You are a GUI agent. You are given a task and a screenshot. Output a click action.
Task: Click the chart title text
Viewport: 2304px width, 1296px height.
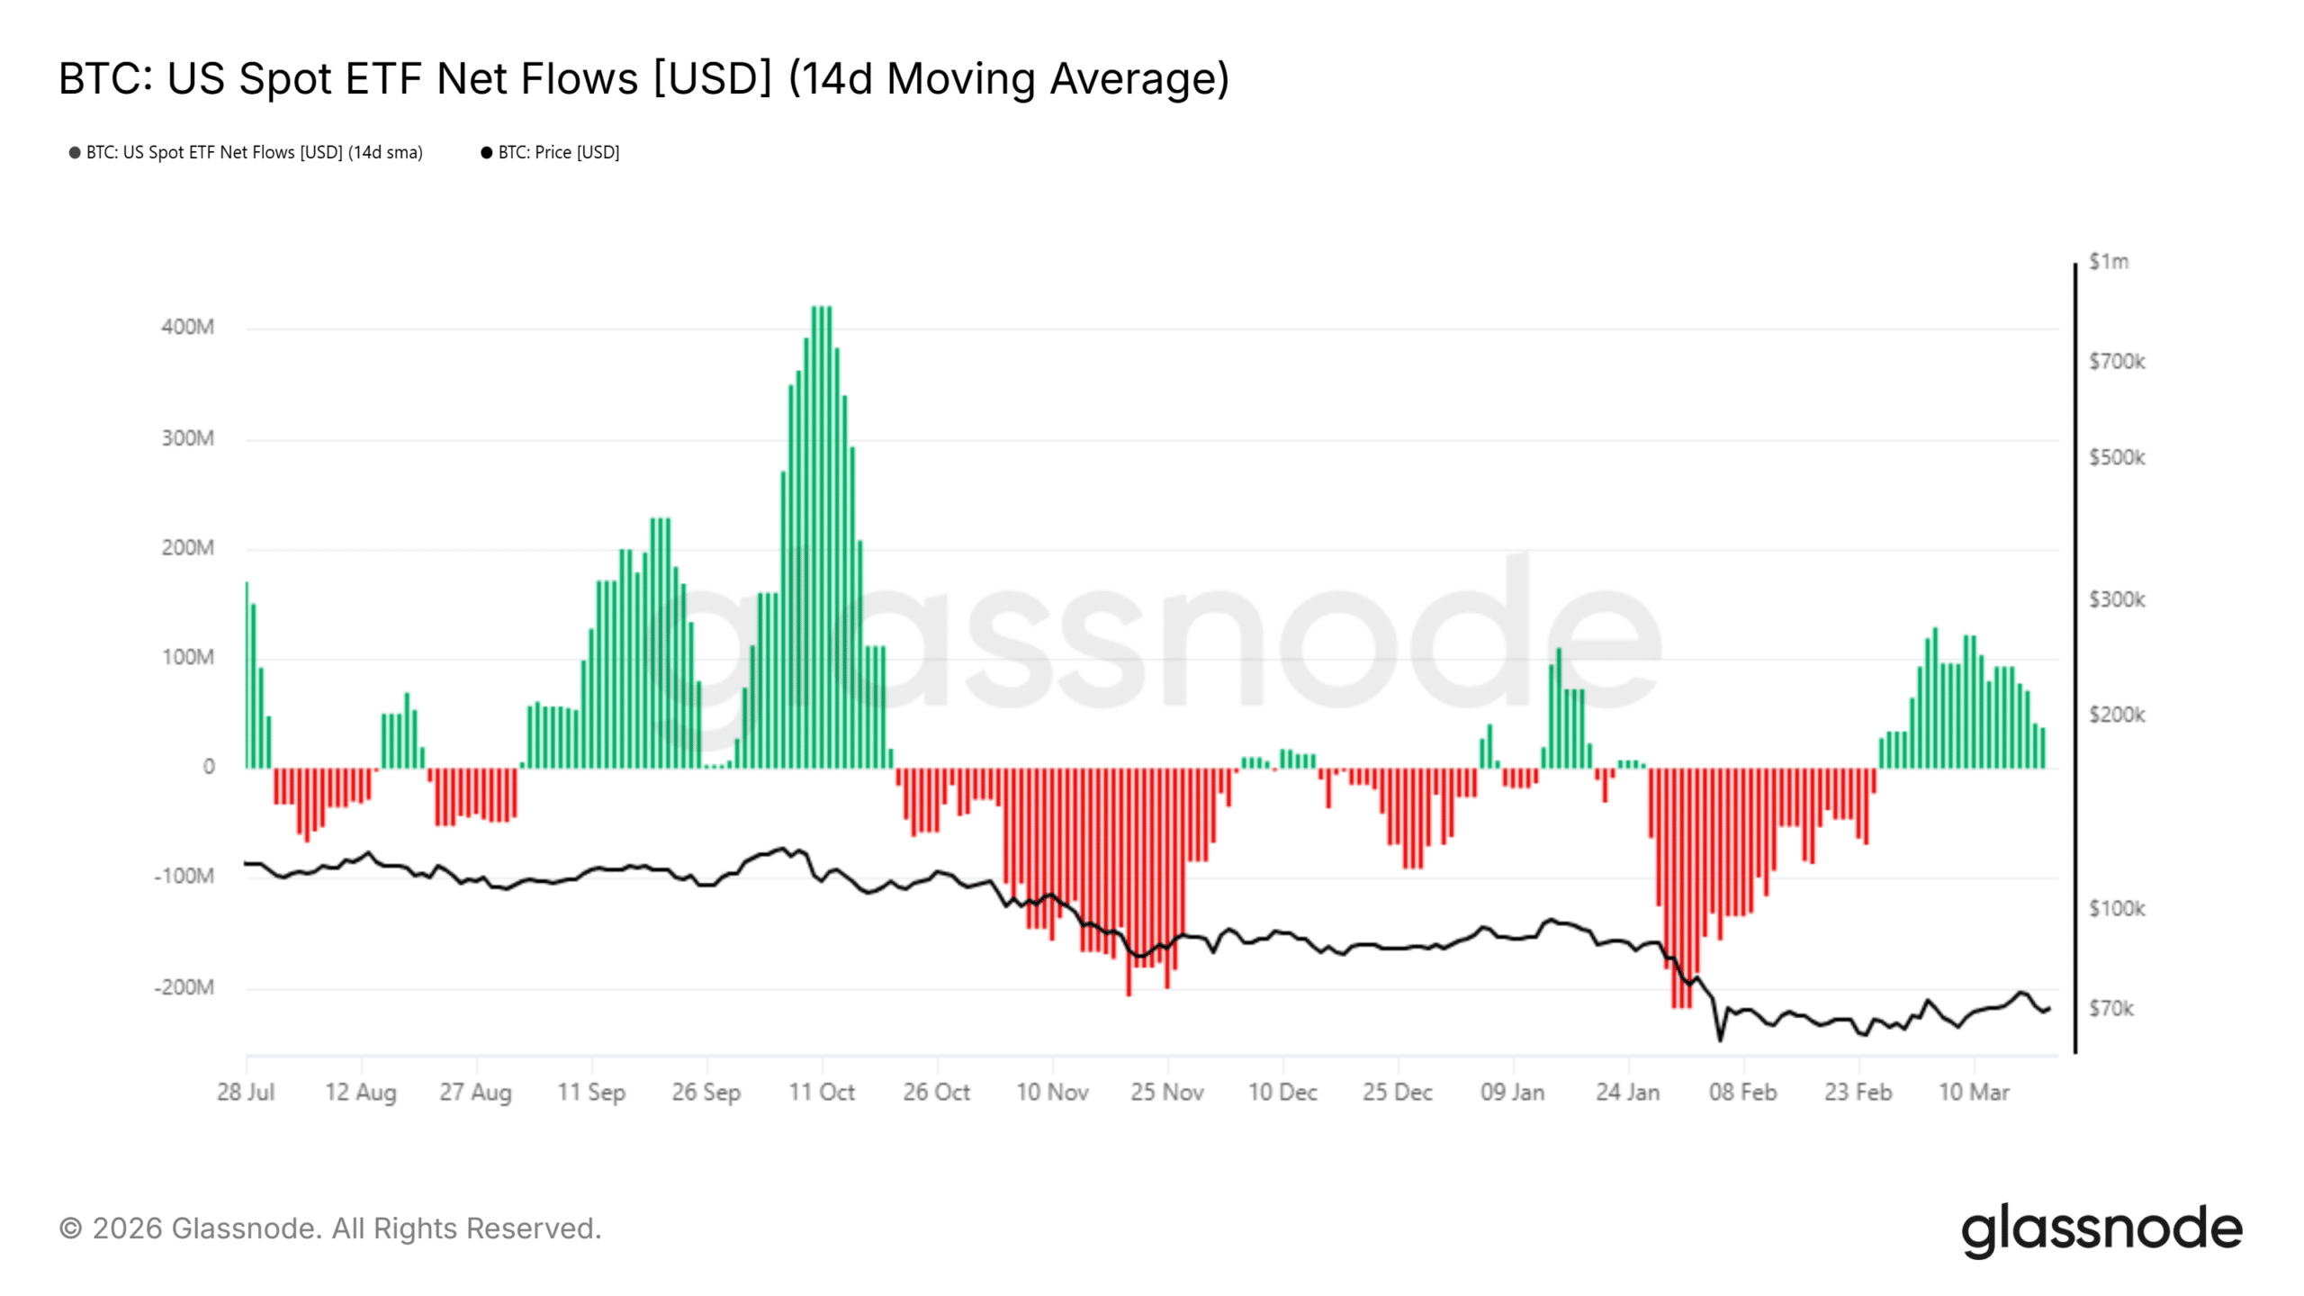point(643,78)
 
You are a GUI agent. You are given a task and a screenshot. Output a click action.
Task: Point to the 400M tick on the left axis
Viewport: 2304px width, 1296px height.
point(187,327)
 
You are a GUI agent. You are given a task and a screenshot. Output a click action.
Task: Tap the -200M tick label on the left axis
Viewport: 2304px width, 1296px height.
point(184,987)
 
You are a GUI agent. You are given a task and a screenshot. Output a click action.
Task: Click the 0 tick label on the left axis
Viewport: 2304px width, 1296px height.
point(209,767)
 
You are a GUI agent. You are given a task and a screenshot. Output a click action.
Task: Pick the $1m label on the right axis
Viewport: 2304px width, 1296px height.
point(2109,262)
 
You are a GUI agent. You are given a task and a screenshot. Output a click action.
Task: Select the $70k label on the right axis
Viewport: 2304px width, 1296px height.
point(2110,1008)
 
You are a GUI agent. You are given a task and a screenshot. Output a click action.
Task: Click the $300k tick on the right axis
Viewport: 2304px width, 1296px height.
point(2117,599)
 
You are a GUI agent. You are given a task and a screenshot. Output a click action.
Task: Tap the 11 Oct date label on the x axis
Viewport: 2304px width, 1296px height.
point(822,1092)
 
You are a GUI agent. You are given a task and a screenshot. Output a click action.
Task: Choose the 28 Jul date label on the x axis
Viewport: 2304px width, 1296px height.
point(246,1092)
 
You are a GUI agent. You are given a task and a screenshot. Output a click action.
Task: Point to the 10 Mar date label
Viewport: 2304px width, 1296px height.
point(1974,1092)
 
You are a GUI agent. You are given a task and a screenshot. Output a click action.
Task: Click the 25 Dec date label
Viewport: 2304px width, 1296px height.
point(1398,1092)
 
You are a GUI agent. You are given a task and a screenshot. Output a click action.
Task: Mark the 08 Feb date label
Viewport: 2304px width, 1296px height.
point(1743,1092)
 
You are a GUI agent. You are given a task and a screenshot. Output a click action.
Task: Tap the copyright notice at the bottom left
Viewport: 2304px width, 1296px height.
point(330,1228)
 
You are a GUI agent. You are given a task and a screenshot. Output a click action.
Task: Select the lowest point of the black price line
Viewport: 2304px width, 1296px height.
point(1720,1039)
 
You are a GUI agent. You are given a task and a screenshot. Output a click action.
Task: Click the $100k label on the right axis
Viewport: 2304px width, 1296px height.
point(2117,909)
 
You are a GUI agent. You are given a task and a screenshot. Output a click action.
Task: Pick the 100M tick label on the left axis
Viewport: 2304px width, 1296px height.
point(187,657)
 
